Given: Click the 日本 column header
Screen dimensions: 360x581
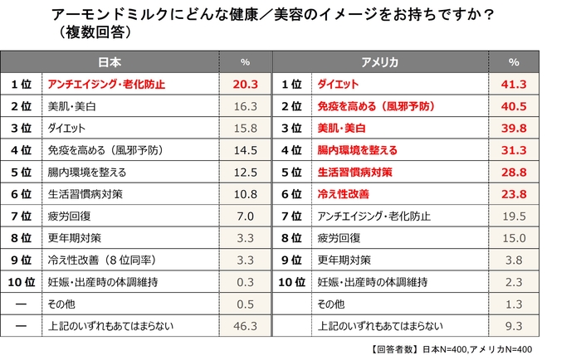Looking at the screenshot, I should tap(110, 62).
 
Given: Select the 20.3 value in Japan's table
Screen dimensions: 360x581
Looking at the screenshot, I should tap(245, 85).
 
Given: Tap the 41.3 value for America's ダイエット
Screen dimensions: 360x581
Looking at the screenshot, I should tap(514, 85).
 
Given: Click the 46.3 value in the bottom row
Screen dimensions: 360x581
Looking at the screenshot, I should tap(245, 326).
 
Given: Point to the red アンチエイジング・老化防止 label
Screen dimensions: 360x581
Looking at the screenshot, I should tap(106, 85).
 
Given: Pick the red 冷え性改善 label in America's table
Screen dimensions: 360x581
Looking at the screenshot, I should tap(343, 194).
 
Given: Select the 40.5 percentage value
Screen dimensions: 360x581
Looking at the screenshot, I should tap(514, 106).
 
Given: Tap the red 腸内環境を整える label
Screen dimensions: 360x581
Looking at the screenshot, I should tap(358, 150).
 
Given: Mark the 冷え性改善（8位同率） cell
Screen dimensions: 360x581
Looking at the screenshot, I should tap(98, 260).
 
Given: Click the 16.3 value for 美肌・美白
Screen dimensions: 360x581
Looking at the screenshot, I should tap(245, 106).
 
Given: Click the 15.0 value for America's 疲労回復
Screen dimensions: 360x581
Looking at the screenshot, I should tap(514, 238).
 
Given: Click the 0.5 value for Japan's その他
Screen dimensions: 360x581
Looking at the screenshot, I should tap(245, 304).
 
